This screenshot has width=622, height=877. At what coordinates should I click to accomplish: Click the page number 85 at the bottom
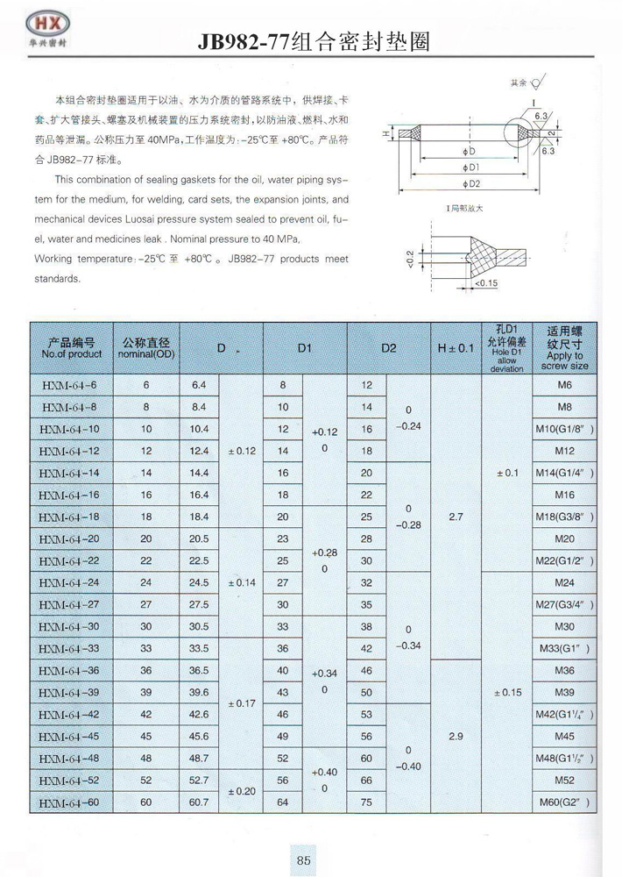[x=303, y=859]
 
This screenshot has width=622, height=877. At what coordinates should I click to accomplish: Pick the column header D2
[x=389, y=348]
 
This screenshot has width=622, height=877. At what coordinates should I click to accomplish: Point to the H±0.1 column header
[x=456, y=348]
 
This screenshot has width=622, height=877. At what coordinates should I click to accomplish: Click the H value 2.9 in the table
[x=456, y=737]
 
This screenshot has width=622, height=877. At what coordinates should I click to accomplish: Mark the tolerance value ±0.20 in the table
[x=241, y=791]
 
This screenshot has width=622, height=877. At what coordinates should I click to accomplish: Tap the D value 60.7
[x=199, y=802]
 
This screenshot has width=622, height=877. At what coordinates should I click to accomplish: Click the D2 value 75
[x=367, y=802]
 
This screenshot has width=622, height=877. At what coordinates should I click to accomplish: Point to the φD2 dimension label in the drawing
[x=472, y=184]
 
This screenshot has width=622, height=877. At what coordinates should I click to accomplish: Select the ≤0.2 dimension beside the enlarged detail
[x=411, y=260]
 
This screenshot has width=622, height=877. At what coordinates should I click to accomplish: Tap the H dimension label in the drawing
[x=385, y=135]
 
